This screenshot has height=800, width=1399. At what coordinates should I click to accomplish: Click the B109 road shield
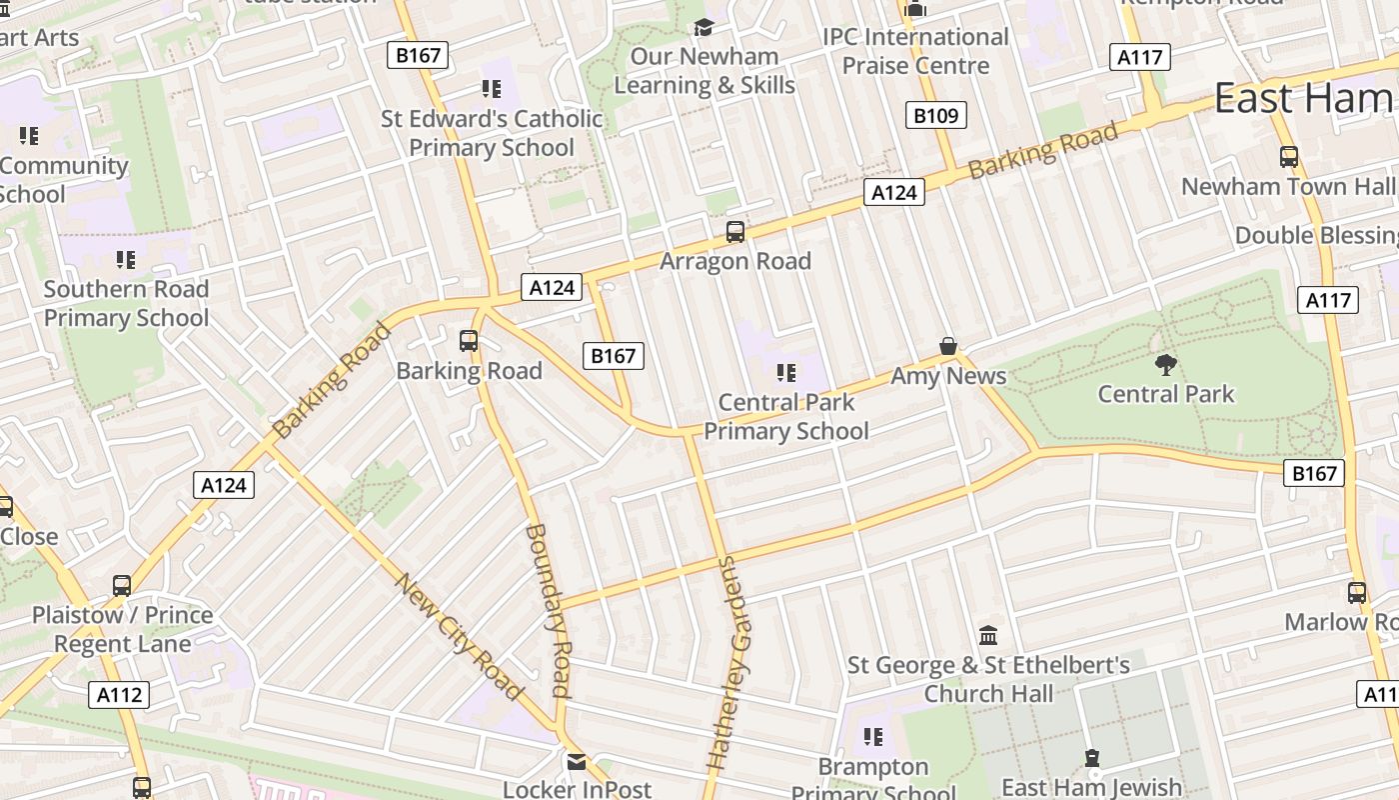(935, 115)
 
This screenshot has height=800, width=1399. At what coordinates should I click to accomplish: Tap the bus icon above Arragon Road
(735, 232)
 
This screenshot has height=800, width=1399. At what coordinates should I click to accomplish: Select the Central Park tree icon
(1165, 364)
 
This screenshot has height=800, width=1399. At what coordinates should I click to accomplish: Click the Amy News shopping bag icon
(948, 346)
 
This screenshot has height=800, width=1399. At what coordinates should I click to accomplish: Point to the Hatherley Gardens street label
(732, 662)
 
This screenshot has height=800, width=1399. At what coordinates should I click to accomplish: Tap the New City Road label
(459, 636)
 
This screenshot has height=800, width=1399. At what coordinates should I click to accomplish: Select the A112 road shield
(120, 695)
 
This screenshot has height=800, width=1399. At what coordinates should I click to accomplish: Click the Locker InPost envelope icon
(577, 762)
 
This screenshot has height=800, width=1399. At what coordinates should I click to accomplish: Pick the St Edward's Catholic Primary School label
(492, 133)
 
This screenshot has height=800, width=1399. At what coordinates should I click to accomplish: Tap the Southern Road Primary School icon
(126, 260)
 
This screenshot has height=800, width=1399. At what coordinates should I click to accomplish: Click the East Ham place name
(1303, 98)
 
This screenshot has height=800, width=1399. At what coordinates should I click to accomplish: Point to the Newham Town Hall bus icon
(1289, 156)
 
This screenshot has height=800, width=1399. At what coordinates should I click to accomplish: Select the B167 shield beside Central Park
(1313, 473)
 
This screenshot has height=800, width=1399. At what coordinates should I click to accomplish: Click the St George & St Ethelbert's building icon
(988, 635)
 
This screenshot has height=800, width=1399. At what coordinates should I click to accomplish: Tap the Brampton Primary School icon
(873, 737)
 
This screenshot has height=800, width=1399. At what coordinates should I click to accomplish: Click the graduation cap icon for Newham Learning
(704, 27)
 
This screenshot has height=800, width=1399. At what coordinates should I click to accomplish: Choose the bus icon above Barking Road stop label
(469, 341)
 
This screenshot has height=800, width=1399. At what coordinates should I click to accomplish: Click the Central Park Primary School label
(786, 417)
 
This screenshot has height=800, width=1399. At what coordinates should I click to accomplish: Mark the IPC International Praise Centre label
(915, 51)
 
